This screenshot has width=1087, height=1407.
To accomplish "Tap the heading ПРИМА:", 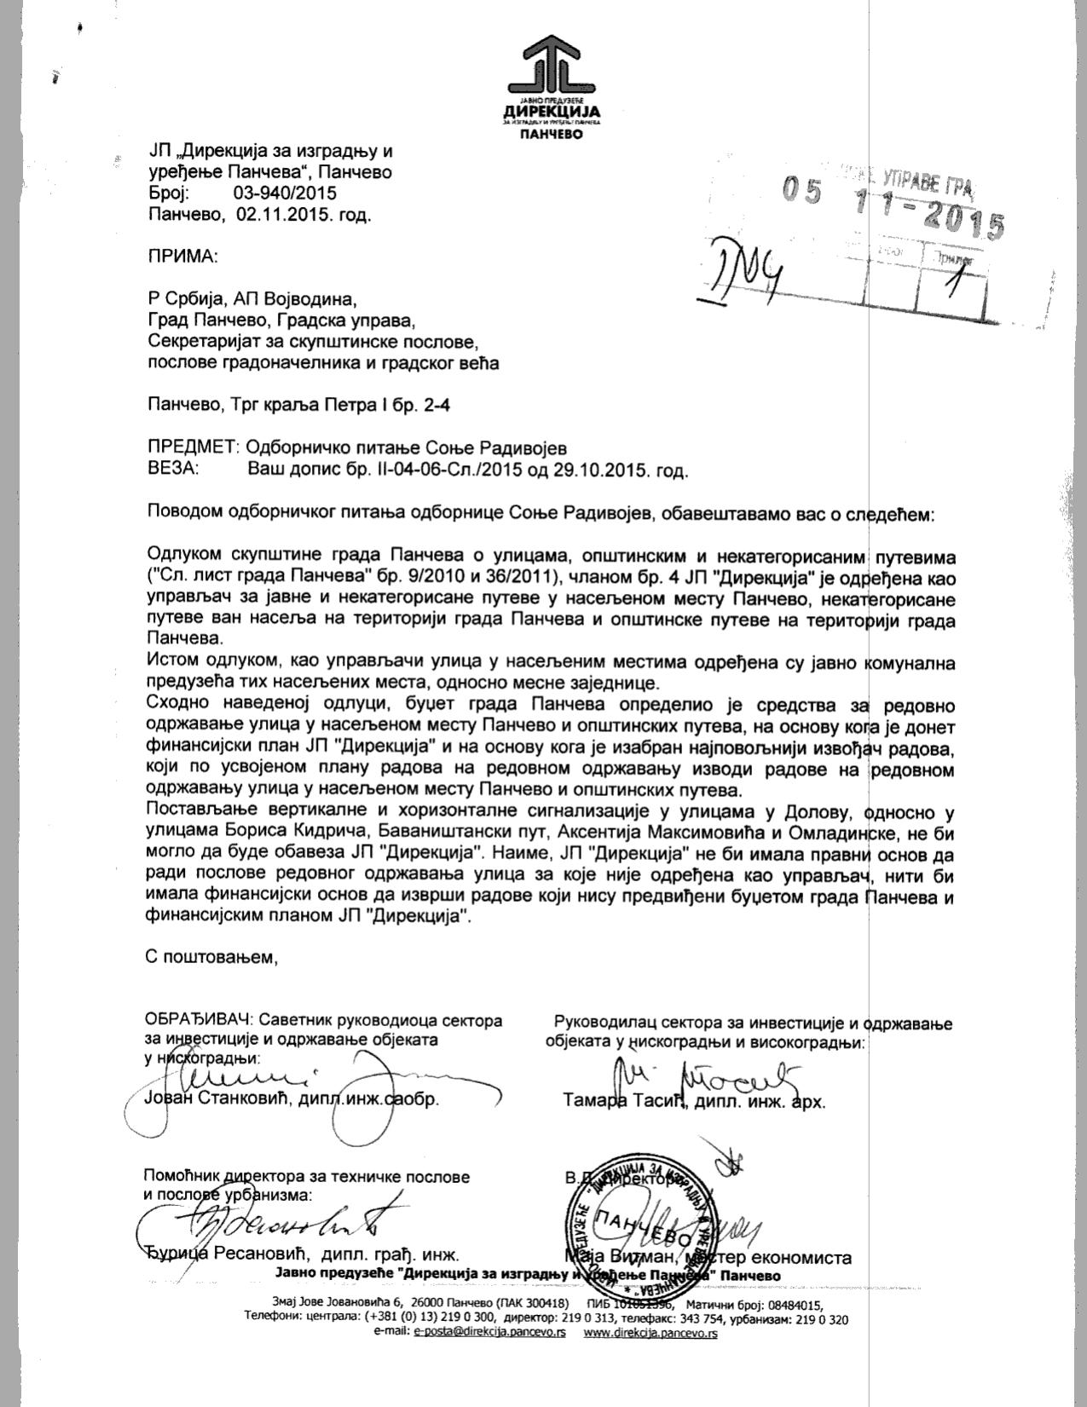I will pyautogui.click(x=182, y=257).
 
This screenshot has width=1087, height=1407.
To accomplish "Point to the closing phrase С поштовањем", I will pyautogui.click(x=213, y=957).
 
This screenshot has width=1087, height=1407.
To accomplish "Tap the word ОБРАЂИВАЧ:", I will pyautogui.click(x=199, y=1020).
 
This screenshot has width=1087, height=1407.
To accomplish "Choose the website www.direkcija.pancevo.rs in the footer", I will pyautogui.click(x=650, y=1334).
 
